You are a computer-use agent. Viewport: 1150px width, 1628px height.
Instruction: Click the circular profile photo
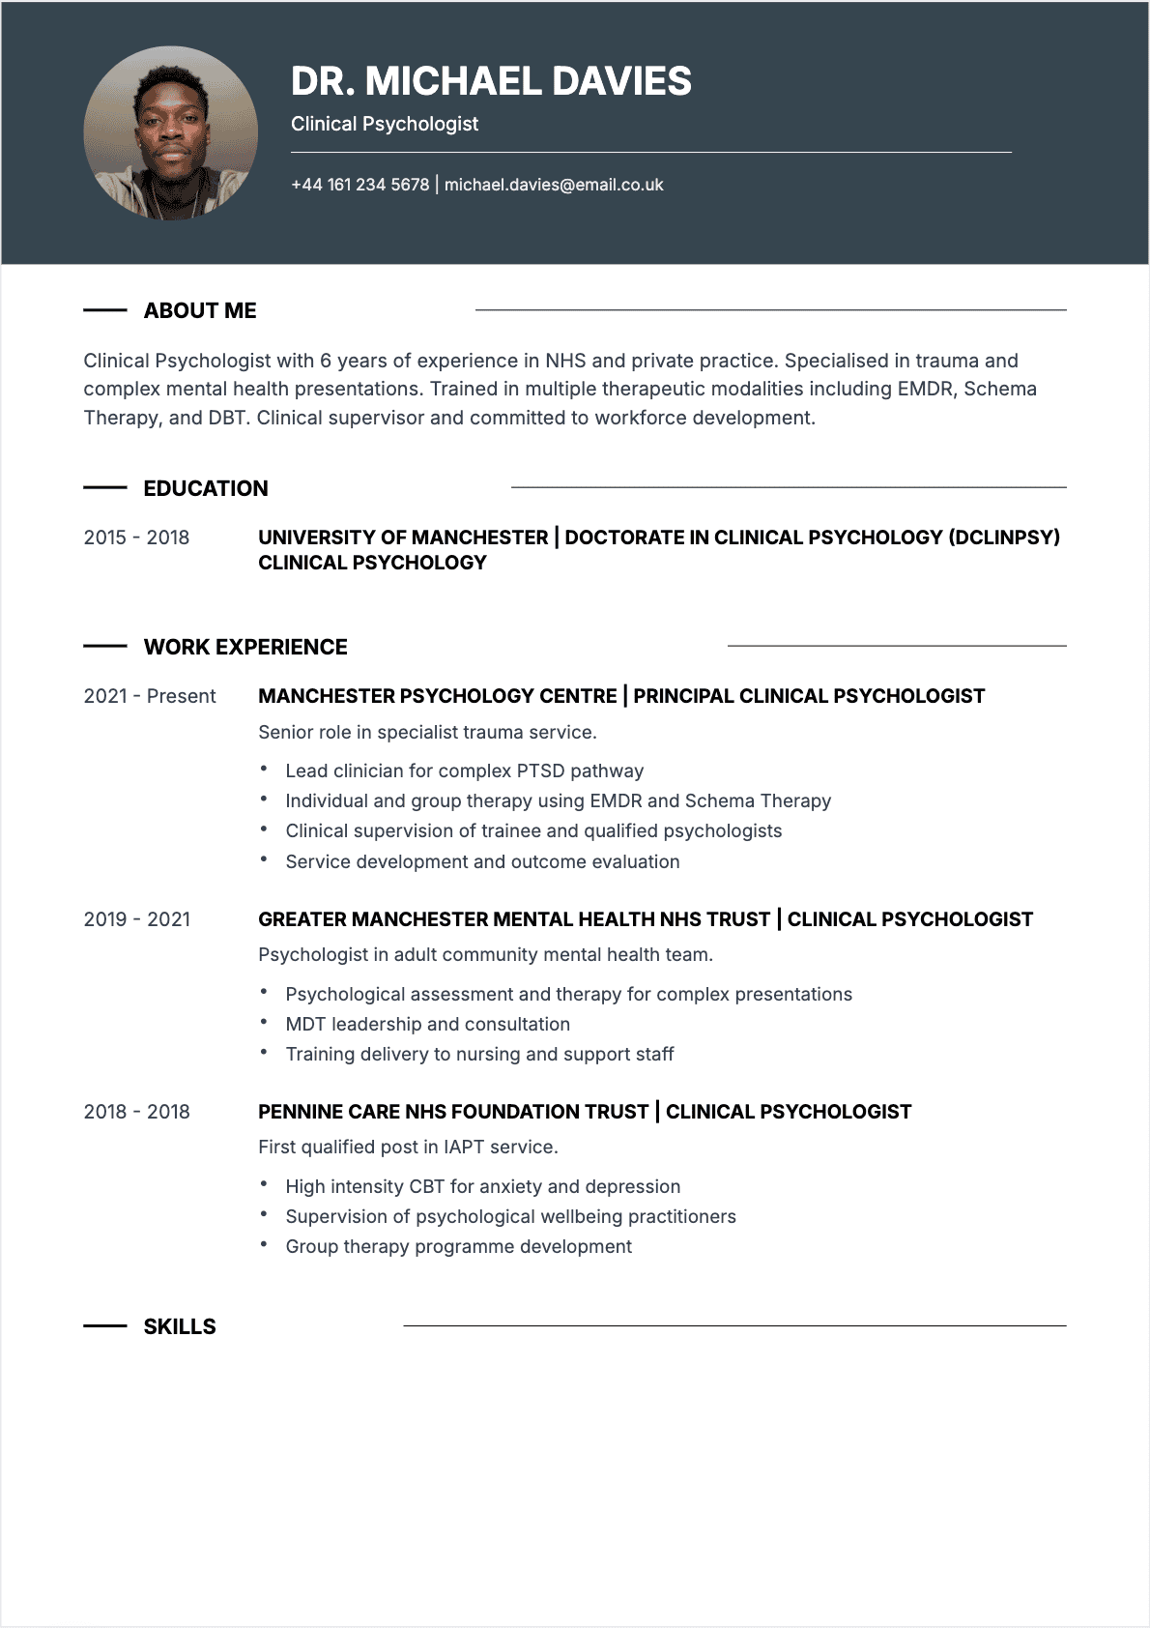171,133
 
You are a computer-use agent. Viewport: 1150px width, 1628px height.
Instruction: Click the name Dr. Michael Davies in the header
491,82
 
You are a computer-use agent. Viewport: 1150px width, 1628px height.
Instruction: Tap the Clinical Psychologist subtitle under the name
385,124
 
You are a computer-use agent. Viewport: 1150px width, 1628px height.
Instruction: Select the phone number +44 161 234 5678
359,185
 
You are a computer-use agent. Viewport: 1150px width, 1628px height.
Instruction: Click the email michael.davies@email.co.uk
554,185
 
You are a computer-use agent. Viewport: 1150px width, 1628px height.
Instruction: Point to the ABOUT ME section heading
200,310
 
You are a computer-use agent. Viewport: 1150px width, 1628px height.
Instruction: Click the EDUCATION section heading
206,488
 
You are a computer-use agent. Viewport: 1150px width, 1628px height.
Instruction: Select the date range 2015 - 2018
136,538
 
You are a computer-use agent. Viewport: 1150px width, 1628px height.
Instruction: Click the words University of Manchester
403,538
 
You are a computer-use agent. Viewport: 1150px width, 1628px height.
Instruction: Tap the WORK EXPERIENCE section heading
245,647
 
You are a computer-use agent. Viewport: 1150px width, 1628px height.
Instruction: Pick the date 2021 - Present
150,696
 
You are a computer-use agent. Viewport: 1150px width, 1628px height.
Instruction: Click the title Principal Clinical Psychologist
809,696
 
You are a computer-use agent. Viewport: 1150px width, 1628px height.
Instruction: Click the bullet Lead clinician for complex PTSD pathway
464,770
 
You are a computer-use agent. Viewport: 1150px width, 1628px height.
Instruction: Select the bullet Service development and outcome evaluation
482,861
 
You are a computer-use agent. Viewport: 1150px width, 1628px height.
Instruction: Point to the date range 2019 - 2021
136,919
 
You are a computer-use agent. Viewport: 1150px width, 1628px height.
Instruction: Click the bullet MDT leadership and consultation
427,1024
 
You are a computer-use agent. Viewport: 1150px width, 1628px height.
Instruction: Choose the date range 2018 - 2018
136,1112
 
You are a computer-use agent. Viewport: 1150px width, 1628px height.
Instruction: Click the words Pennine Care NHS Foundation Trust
453,1112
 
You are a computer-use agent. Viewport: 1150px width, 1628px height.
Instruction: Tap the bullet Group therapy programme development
458,1246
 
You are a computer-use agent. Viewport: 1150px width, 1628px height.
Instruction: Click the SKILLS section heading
180,1326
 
